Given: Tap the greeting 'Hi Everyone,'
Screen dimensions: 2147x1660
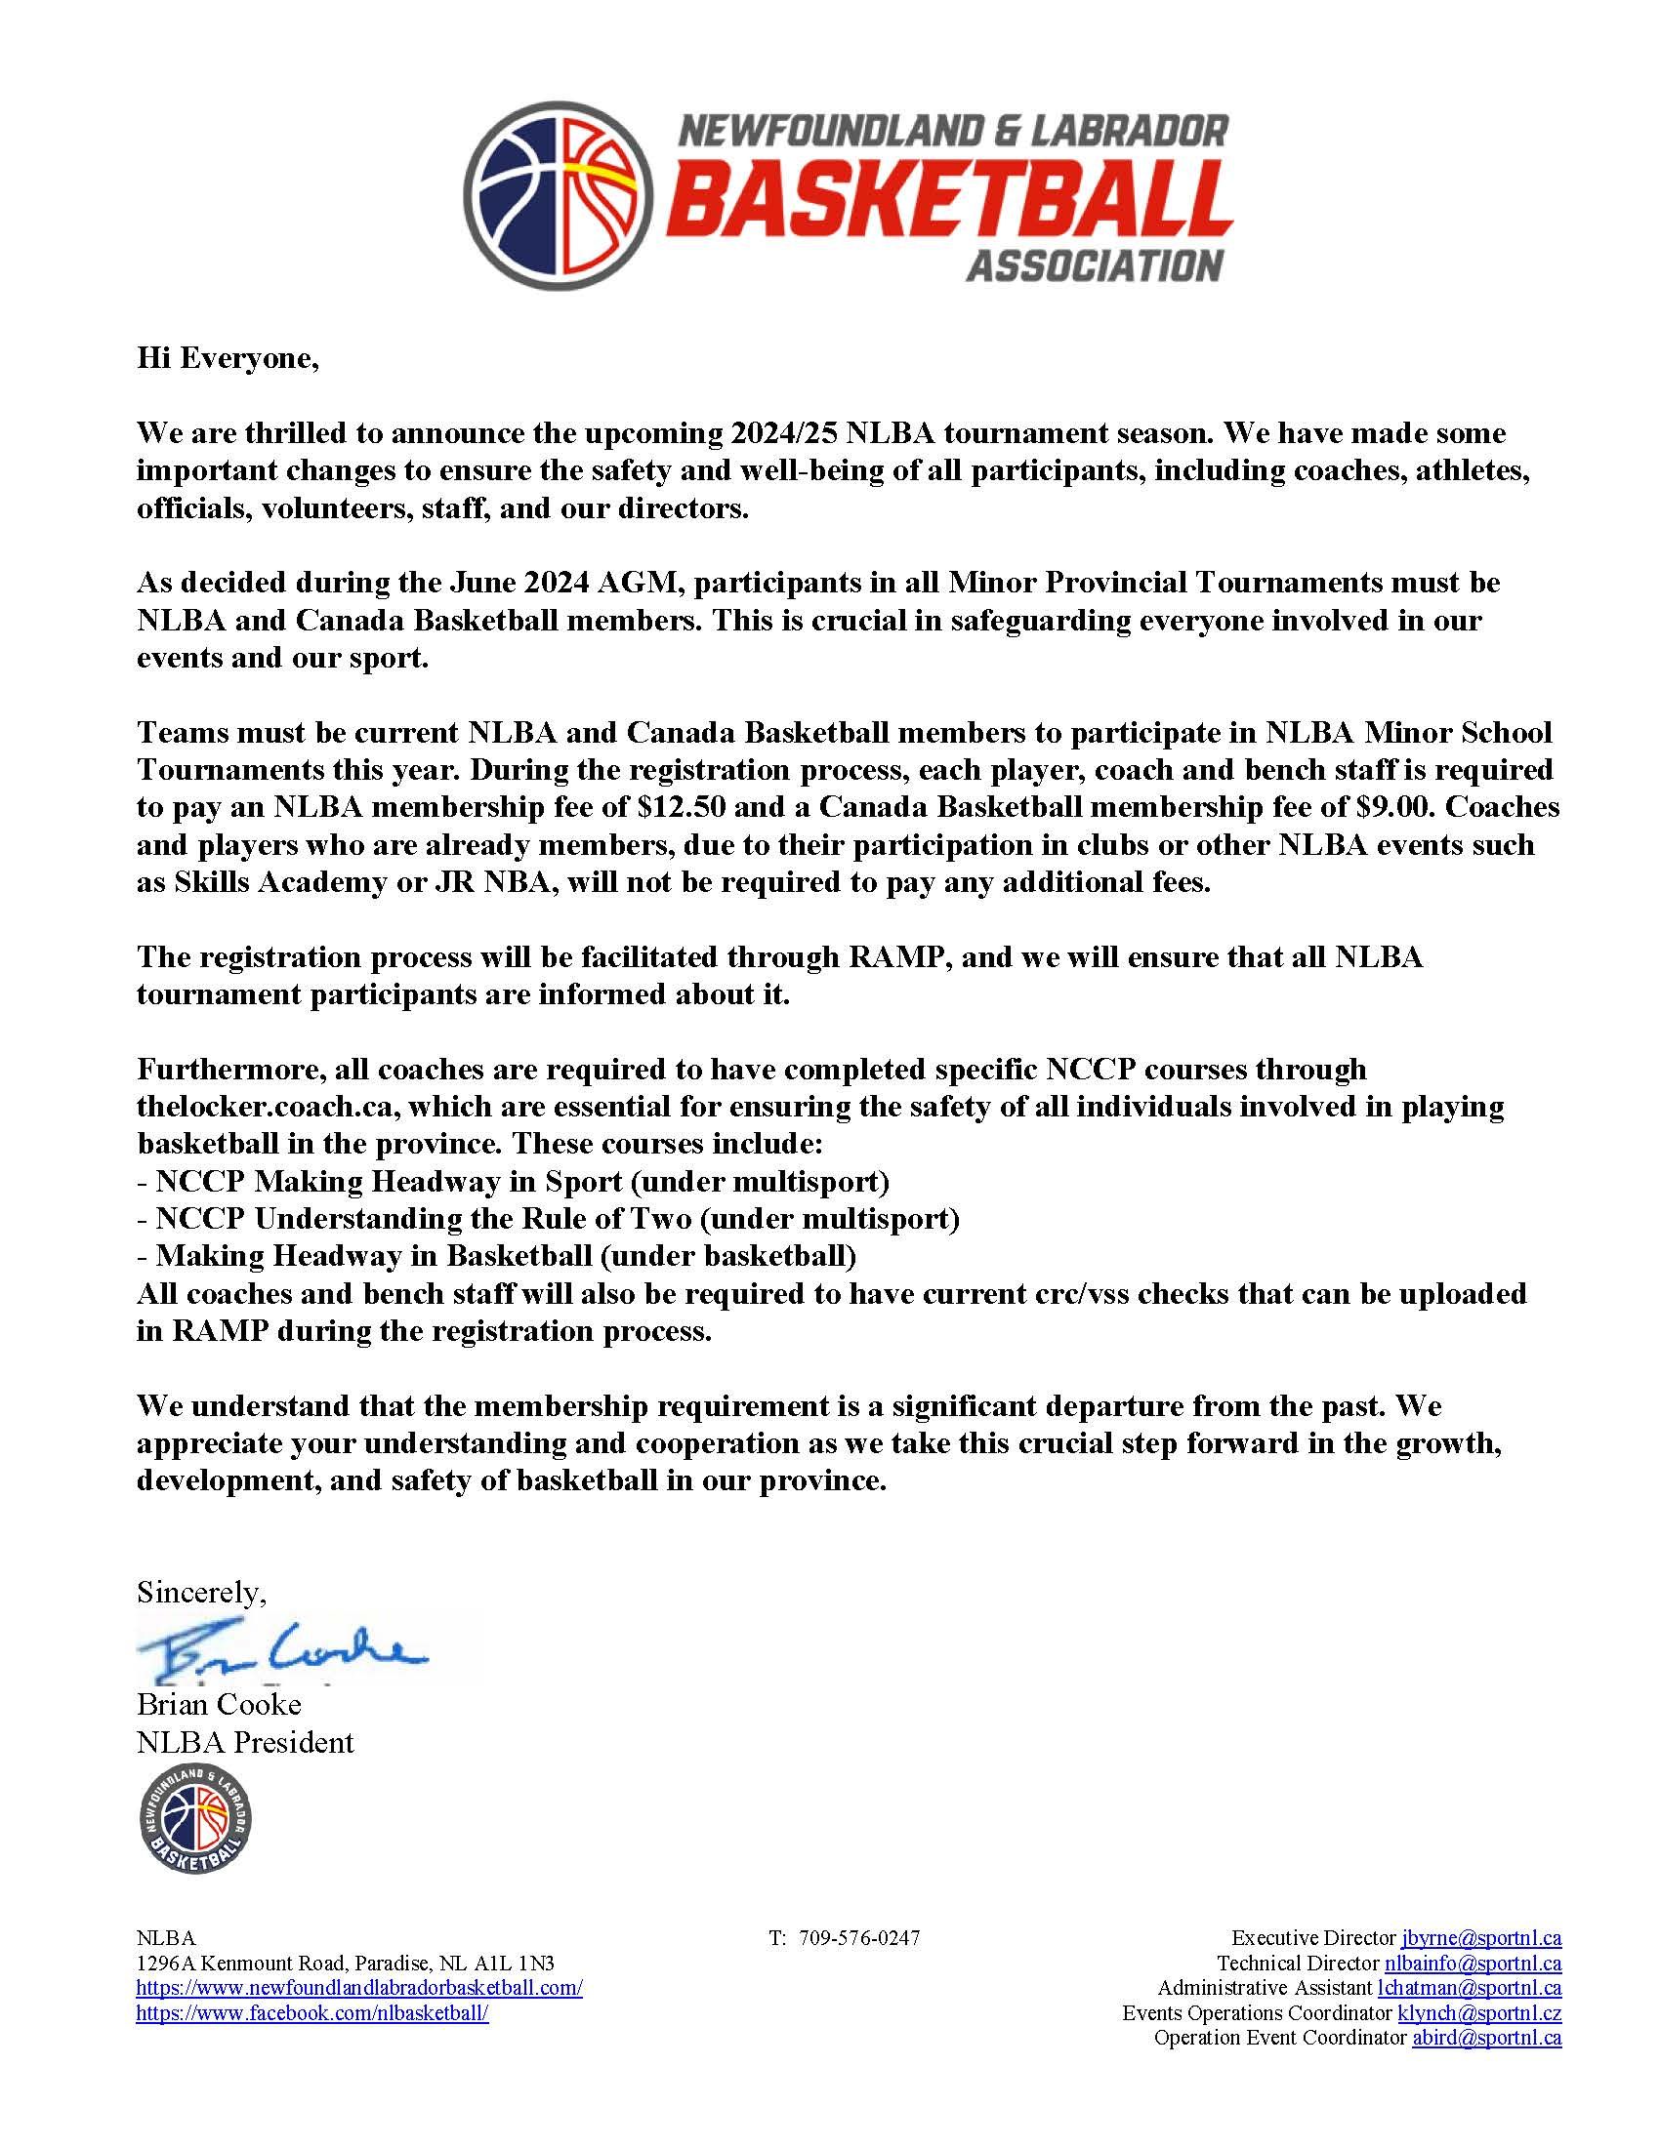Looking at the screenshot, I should pyautogui.click(x=228, y=359).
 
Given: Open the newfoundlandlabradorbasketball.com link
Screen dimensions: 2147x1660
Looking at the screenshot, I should pyautogui.click(x=359, y=1988).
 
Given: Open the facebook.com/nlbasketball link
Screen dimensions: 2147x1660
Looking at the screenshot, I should pyautogui.click(x=311, y=2012).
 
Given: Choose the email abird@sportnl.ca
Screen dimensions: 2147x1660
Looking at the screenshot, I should pyautogui.click(x=1486, y=2038).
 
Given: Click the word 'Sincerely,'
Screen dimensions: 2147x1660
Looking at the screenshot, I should pyautogui.click(x=201, y=1593).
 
